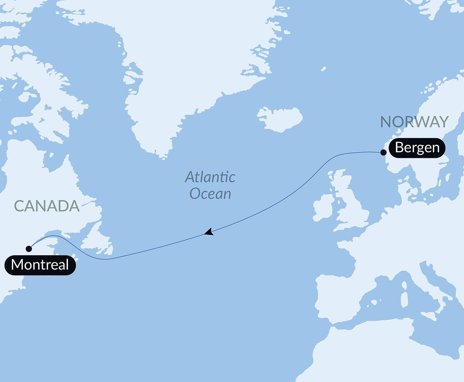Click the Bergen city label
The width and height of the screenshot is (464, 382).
(x=417, y=148)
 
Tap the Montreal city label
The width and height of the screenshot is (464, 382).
(x=40, y=265)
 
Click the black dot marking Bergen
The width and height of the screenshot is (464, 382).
(x=383, y=153)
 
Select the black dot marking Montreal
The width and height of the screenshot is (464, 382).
(x=29, y=249)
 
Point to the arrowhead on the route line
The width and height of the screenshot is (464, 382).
(x=209, y=232)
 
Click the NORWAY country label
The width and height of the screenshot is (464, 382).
(x=414, y=122)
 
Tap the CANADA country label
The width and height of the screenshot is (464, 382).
(x=47, y=206)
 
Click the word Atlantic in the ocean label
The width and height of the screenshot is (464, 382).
(x=210, y=177)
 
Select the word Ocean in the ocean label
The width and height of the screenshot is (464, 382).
(x=210, y=194)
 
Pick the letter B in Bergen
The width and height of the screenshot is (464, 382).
(x=399, y=147)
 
